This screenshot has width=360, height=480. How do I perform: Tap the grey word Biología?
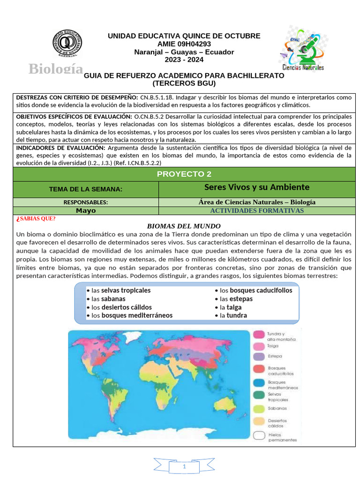pyautogui.click(x=56, y=68)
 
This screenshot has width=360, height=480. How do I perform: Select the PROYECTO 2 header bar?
pyautogui.click(x=184, y=174)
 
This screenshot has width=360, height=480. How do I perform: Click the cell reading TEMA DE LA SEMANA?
pyautogui.click(x=86, y=189)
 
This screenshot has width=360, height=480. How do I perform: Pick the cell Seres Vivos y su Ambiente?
pyautogui.click(x=257, y=187)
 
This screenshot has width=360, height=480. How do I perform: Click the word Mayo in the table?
pyautogui.click(x=86, y=210)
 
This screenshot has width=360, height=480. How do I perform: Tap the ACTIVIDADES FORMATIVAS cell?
pyautogui.click(x=257, y=210)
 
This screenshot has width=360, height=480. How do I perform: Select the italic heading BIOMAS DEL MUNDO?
pyautogui.click(x=184, y=225)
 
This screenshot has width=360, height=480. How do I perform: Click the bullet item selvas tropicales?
pyautogui.click(x=121, y=290)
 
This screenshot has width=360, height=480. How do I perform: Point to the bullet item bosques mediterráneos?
pyautogui.click(x=132, y=315)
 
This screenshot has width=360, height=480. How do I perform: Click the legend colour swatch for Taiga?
pyautogui.click(x=259, y=346)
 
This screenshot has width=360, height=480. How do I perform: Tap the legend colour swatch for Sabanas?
pyautogui.click(x=259, y=408)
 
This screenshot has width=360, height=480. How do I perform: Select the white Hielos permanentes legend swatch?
pyautogui.click(x=259, y=435)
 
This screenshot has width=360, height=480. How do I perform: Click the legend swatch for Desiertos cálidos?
pyautogui.click(x=259, y=421)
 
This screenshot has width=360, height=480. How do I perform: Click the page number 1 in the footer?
pyautogui.click(x=184, y=467)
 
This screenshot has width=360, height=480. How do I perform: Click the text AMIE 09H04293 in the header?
pyautogui.click(x=184, y=44)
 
